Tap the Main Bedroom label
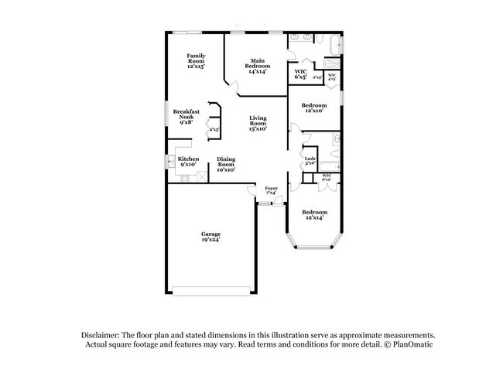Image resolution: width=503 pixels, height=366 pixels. click(x=258, y=65)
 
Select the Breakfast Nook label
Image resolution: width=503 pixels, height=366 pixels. click(x=186, y=116)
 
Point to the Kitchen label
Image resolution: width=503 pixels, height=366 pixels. click(x=189, y=161)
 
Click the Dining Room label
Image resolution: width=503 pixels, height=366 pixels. click(x=226, y=163)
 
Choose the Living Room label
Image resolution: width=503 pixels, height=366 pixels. click(x=258, y=123)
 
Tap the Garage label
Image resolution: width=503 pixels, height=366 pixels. click(x=211, y=237)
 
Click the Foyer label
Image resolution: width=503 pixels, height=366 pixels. click(x=271, y=190)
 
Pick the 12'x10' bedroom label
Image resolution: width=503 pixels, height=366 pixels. click(x=313, y=108)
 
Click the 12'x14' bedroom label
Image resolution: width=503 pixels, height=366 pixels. click(x=314, y=214)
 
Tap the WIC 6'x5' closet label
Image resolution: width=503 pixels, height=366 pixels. click(x=301, y=75)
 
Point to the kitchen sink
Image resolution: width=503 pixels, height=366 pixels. click(x=172, y=162)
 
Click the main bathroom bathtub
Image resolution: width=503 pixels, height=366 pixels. click(x=332, y=44)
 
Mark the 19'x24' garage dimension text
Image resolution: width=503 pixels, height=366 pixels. click(x=211, y=241)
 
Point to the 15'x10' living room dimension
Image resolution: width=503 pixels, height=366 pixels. click(x=258, y=129)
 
